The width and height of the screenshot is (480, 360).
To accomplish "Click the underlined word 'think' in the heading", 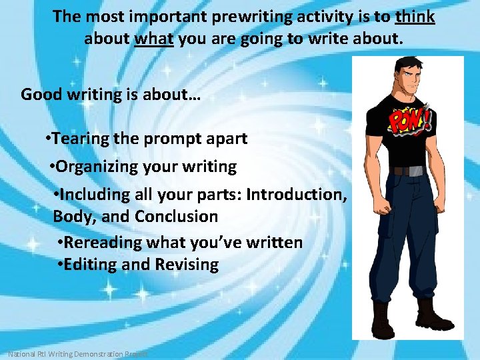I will click(x=415, y=17).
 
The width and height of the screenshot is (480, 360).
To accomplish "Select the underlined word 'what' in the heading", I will click(x=154, y=39).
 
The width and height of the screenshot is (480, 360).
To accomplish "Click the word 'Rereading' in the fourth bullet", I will click(x=101, y=243).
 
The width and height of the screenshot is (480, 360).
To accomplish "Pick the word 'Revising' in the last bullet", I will click(x=187, y=265).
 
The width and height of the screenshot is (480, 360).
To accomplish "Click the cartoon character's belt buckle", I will click(x=407, y=171).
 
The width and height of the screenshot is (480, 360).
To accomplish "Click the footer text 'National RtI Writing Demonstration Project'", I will click(x=77, y=354).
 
